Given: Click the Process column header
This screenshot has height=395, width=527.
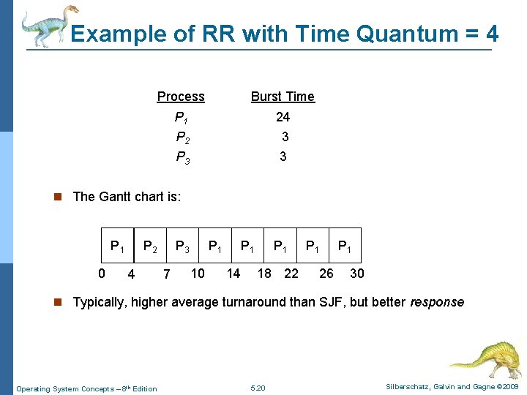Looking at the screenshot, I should [181, 97].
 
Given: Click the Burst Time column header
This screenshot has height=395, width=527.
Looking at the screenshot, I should [283, 97].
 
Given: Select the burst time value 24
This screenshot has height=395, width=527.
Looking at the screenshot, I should [283, 116].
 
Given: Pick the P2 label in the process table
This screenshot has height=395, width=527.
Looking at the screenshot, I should [183, 137].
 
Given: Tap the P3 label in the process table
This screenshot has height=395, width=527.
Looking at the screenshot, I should [183, 157].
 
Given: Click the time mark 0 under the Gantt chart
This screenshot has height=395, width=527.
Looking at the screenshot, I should [102, 274].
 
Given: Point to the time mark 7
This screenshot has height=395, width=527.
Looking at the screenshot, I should [167, 275].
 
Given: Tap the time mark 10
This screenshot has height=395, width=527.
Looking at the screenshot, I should [198, 274].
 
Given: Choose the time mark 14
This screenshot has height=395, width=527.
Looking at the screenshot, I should [233, 274].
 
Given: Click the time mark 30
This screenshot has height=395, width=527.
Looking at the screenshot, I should [357, 274].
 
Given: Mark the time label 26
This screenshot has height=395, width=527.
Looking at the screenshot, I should [326, 274].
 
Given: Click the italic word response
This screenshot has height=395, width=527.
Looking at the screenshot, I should [437, 302].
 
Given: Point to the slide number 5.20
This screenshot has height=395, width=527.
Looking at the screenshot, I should [258, 388].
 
